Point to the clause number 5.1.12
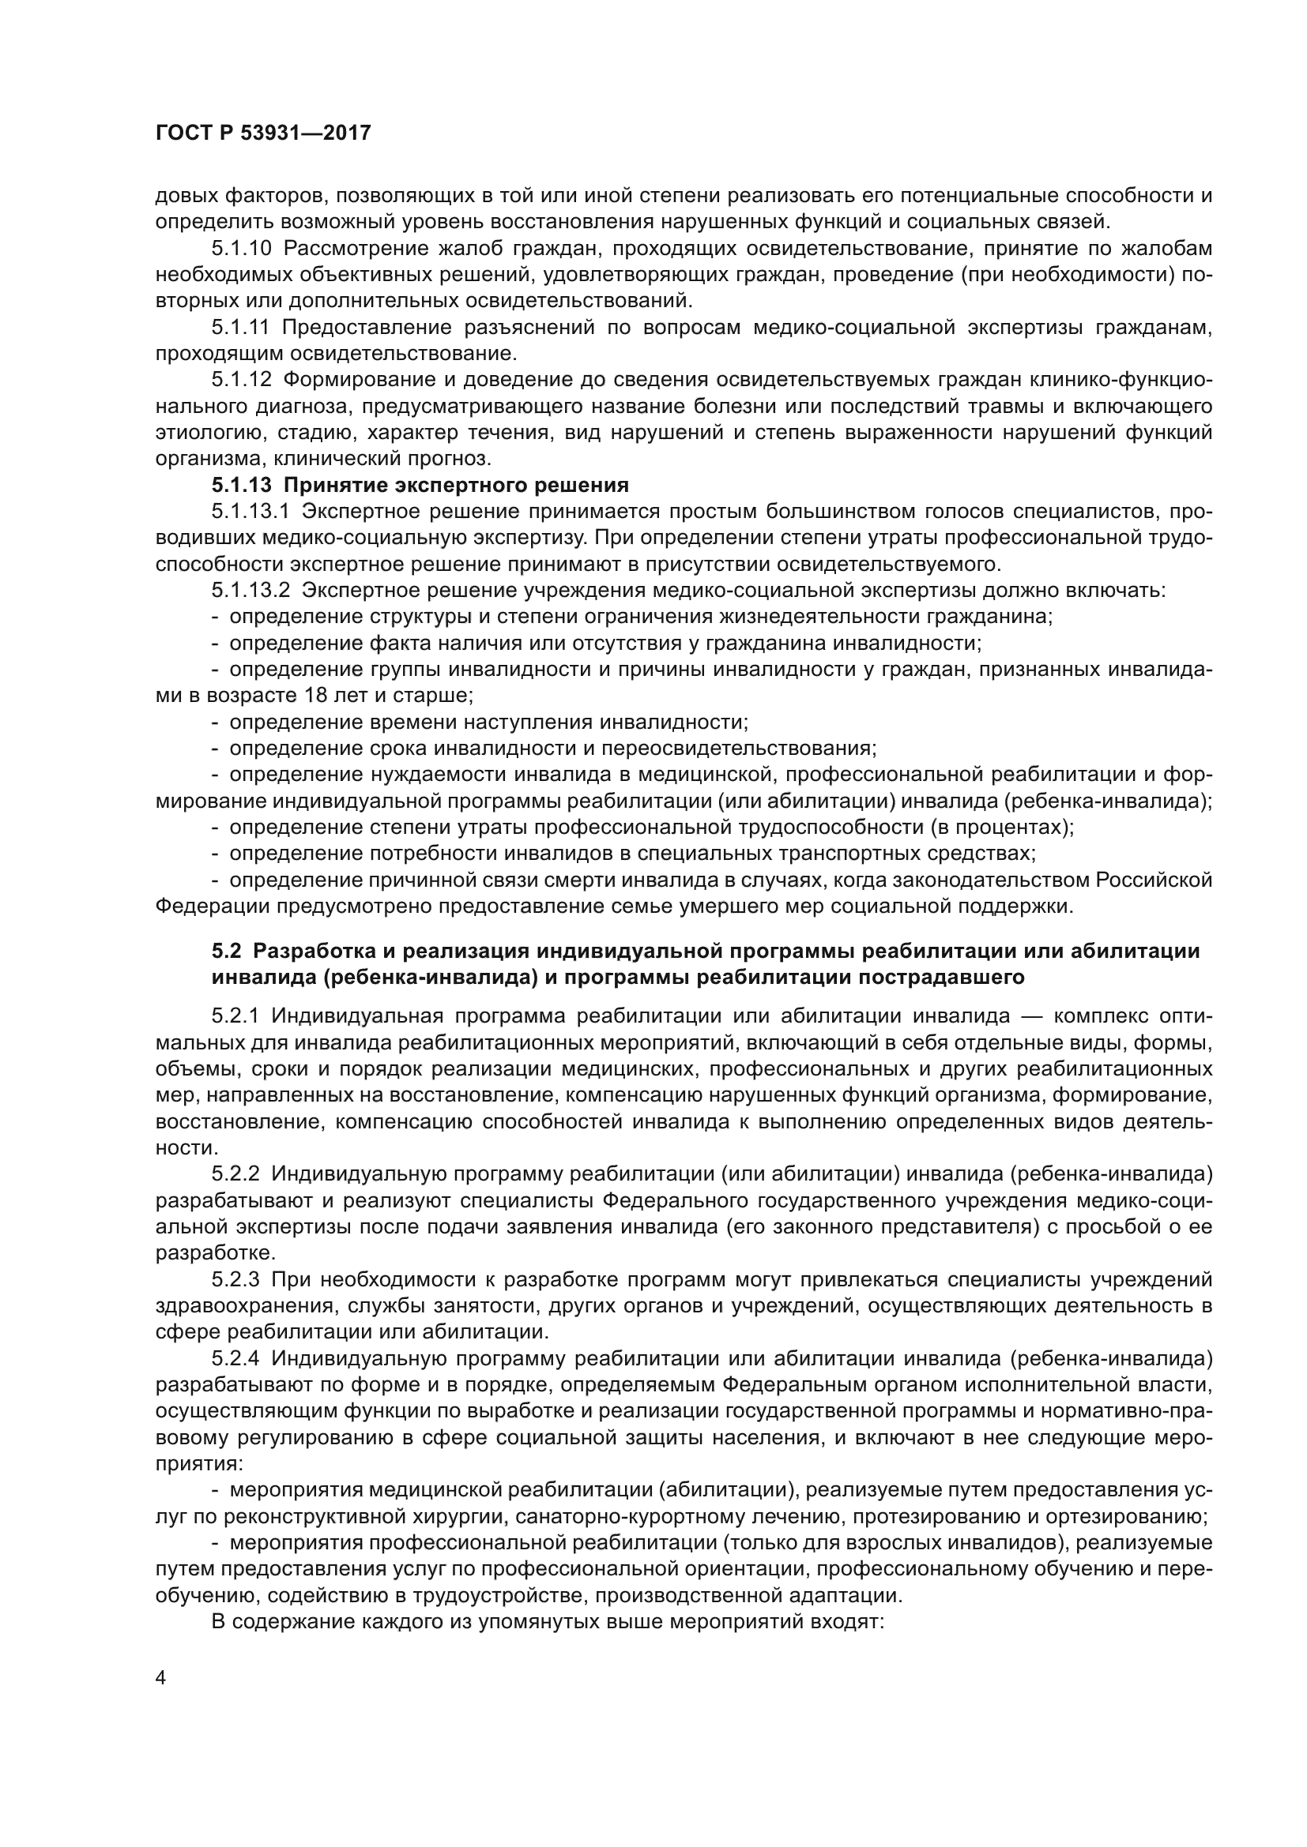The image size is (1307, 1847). (243, 380)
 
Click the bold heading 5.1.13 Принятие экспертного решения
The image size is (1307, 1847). (420, 485)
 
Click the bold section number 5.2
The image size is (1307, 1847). (226, 951)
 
